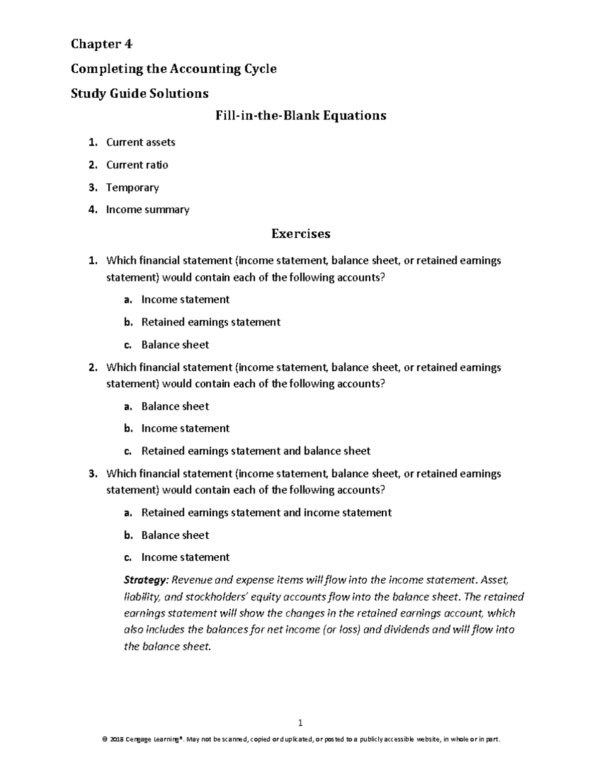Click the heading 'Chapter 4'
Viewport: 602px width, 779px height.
pyautogui.click(x=101, y=44)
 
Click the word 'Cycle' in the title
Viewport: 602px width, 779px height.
pyautogui.click(x=260, y=69)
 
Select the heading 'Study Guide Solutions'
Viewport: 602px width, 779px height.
pyautogui.click(x=139, y=93)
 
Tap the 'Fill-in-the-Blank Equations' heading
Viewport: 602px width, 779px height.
pyautogui.click(x=300, y=116)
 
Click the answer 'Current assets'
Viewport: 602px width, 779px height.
pyautogui.click(x=140, y=142)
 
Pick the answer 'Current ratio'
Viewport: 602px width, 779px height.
pyautogui.click(x=137, y=165)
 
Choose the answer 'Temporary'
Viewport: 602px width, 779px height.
pyautogui.click(x=132, y=188)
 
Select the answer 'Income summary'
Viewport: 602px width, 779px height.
pyautogui.click(x=147, y=210)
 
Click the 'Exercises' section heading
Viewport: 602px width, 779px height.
pyautogui.click(x=300, y=234)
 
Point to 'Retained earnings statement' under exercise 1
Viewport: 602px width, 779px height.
pyautogui.click(x=211, y=322)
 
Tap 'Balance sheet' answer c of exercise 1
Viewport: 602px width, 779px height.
pyautogui.click(x=175, y=345)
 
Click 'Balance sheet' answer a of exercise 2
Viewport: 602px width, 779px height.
pyautogui.click(x=175, y=406)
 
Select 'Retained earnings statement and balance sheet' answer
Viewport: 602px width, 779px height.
pyautogui.click(x=256, y=451)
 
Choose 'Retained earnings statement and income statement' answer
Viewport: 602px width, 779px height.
pyautogui.click(x=266, y=513)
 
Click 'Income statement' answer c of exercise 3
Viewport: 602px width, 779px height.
pyautogui.click(x=185, y=557)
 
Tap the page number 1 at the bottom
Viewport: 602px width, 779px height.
pyautogui.click(x=300, y=723)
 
